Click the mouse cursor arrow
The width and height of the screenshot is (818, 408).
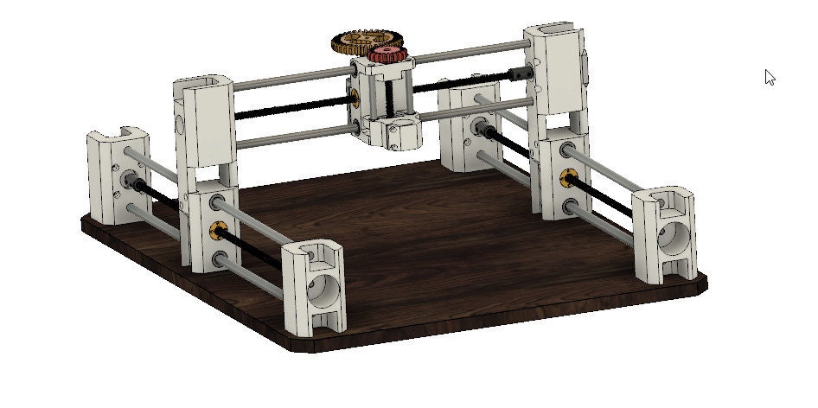[x=769, y=77]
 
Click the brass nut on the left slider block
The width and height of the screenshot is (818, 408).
[x=217, y=229]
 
